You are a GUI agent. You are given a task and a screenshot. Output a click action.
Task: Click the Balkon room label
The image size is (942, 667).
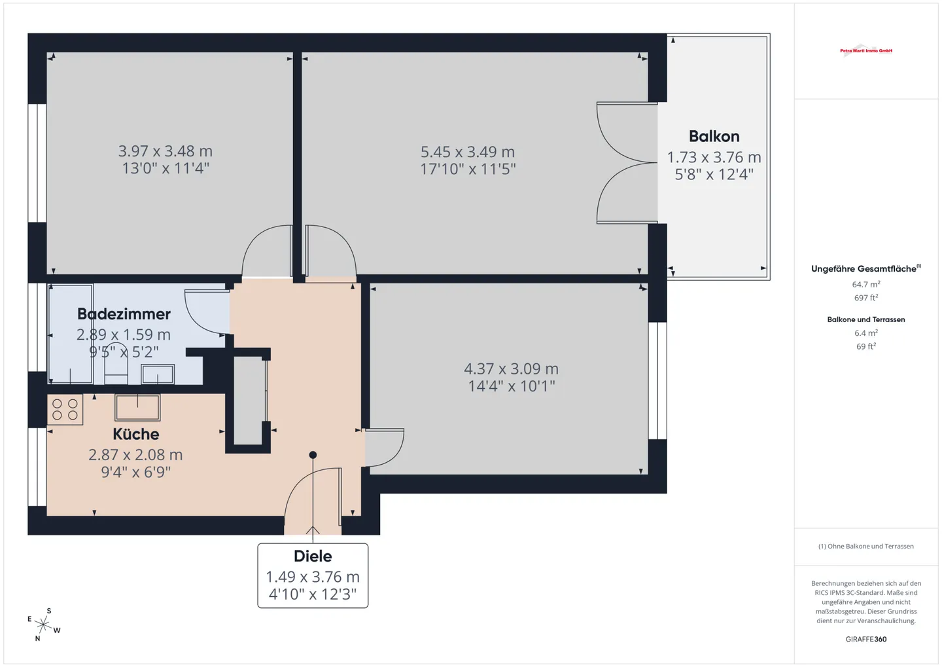(714, 136)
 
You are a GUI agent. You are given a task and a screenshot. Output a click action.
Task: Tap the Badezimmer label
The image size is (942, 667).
(124, 314)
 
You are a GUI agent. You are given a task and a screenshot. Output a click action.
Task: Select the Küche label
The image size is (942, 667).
(136, 434)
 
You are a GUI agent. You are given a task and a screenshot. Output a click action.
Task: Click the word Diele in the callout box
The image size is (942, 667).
(313, 556)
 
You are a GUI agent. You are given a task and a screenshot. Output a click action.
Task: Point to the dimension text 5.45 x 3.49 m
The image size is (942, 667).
(468, 151)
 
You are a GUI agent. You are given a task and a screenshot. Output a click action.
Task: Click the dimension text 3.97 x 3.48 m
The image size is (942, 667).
(166, 151)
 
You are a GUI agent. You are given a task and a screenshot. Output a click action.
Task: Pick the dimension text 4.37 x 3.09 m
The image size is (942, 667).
(511, 369)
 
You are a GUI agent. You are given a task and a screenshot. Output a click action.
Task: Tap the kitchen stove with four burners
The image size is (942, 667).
(65, 410)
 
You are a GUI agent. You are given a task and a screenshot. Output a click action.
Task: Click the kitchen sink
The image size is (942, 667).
(137, 407)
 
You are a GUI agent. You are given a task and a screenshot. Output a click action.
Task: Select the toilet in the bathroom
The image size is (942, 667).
(116, 363)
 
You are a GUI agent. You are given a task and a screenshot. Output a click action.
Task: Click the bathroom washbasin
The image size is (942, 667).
(158, 374)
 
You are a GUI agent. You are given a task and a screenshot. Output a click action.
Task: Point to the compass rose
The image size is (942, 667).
(44, 624)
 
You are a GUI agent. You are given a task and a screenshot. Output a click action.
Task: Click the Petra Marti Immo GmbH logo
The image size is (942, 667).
(866, 51)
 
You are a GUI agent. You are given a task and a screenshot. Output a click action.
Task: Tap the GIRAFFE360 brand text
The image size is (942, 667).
(866, 639)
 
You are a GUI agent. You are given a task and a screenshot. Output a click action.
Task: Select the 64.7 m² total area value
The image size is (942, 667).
(866, 284)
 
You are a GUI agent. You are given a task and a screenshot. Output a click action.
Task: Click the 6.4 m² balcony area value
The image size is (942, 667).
(866, 333)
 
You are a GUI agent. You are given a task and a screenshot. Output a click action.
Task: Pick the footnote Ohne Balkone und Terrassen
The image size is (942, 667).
(866, 546)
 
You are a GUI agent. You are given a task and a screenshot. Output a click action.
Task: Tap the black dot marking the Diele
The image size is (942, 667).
(313, 455)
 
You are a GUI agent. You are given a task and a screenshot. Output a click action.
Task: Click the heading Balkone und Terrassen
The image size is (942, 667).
(866, 319)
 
